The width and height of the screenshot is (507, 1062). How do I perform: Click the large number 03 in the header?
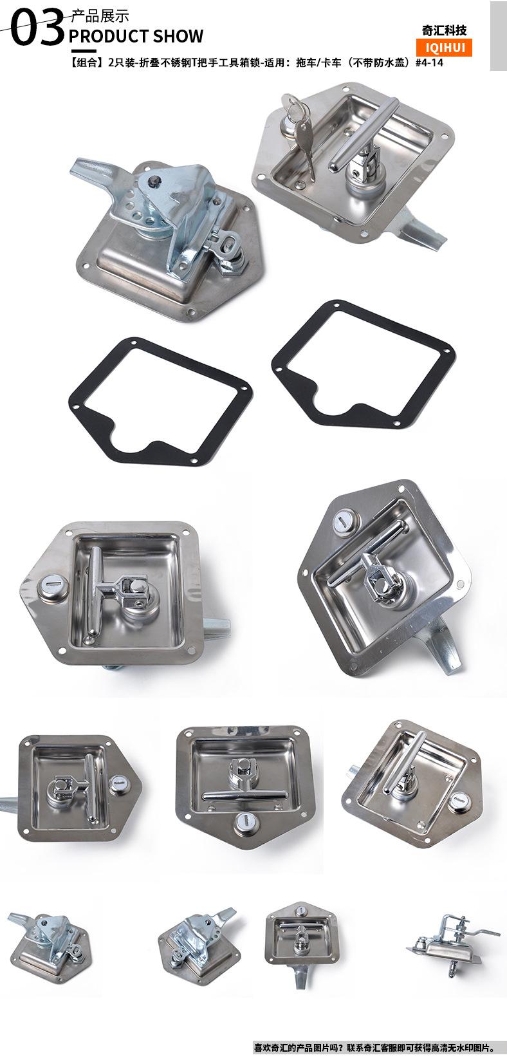tap(37, 28)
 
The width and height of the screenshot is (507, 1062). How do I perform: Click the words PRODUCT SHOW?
tap(136, 36)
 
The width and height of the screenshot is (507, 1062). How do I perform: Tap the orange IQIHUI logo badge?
tap(445, 48)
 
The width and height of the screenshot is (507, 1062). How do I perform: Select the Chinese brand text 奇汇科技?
tap(445, 30)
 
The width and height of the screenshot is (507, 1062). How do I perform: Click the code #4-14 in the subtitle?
tap(429, 62)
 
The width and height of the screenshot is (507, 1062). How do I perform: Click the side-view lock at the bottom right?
tap(452, 944)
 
